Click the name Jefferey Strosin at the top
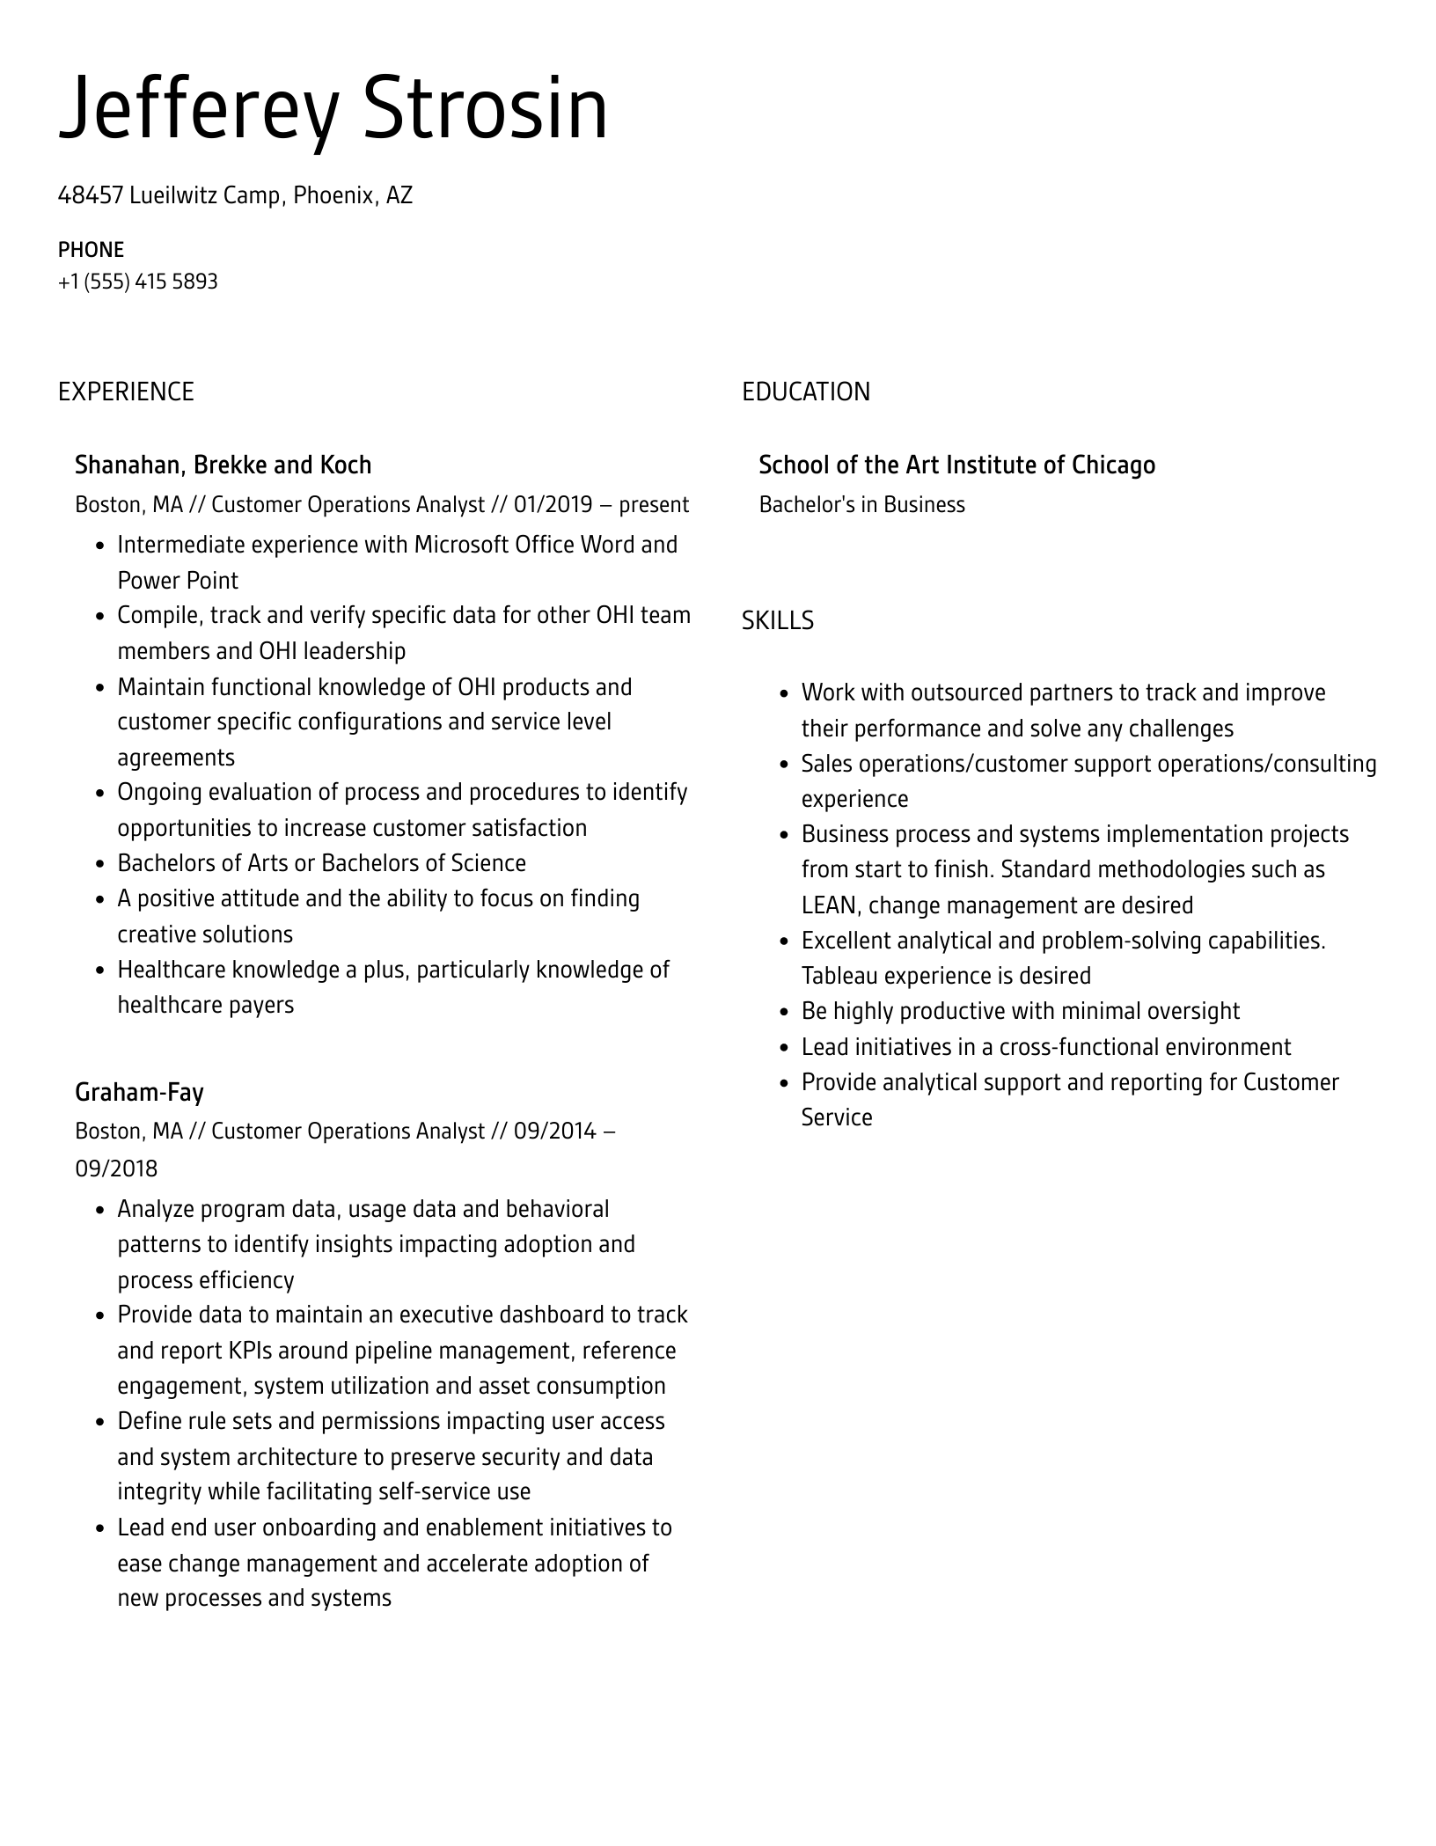(x=333, y=110)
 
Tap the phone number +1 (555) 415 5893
(x=137, y=282)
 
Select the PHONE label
(x=91, y=250)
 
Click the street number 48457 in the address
(x=90, y=195)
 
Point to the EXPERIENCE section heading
(x=126, y=392)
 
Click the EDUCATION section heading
(x=805, y=392)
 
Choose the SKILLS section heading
(x=777, y=621)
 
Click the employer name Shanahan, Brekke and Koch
(x=223, y=465)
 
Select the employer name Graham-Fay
(x=139, y=1092)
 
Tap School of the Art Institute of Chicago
(x=956, y=465)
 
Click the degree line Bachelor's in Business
(x=861, y=505)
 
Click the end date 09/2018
(x=116, y=1168)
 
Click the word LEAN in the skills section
(x=828, y=905)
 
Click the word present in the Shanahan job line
(x=654, y=505)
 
